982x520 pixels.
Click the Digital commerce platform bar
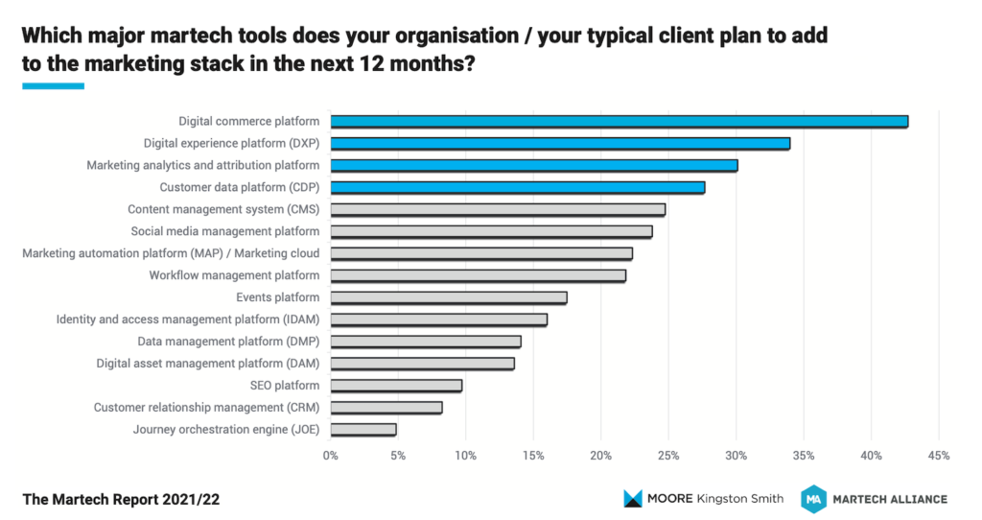(619, 121)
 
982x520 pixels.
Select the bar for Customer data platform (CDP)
(518, 187)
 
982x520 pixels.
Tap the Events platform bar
(449, 297)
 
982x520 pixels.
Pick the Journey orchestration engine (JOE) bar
(363, 430)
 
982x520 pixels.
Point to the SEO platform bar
(396, 386)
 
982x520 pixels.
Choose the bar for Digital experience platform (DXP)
(560, 143)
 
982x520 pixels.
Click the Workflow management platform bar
(479, 275)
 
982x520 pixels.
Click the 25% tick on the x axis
(668, 456)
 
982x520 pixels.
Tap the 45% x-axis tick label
(939, 456)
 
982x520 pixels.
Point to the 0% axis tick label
(331, 456)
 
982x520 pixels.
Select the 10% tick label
(466, 456)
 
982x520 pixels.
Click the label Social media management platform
(225, 231)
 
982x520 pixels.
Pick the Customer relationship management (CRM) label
(206, 408)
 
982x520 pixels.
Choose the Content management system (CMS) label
(223, 209)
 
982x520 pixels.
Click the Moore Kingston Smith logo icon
(633, 498)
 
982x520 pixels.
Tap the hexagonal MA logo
(814, 498)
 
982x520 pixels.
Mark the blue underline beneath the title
(53, 86)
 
